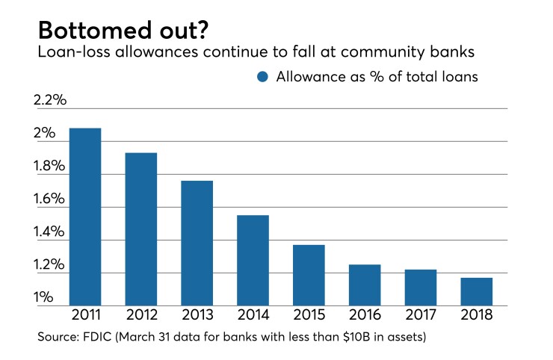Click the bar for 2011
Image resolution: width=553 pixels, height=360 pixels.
(84, 217)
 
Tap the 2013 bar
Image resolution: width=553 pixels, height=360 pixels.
(197, 243)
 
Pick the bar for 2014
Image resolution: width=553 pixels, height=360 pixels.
(253, 260)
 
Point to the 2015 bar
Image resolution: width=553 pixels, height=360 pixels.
(309, 275)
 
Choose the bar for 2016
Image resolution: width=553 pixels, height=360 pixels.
(365, 285)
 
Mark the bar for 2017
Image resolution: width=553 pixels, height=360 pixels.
(421, 288)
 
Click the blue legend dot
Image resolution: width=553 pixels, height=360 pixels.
(262, 76)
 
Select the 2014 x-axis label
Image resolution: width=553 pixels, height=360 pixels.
(253, 314)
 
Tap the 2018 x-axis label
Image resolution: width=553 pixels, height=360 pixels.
(477, 314)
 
